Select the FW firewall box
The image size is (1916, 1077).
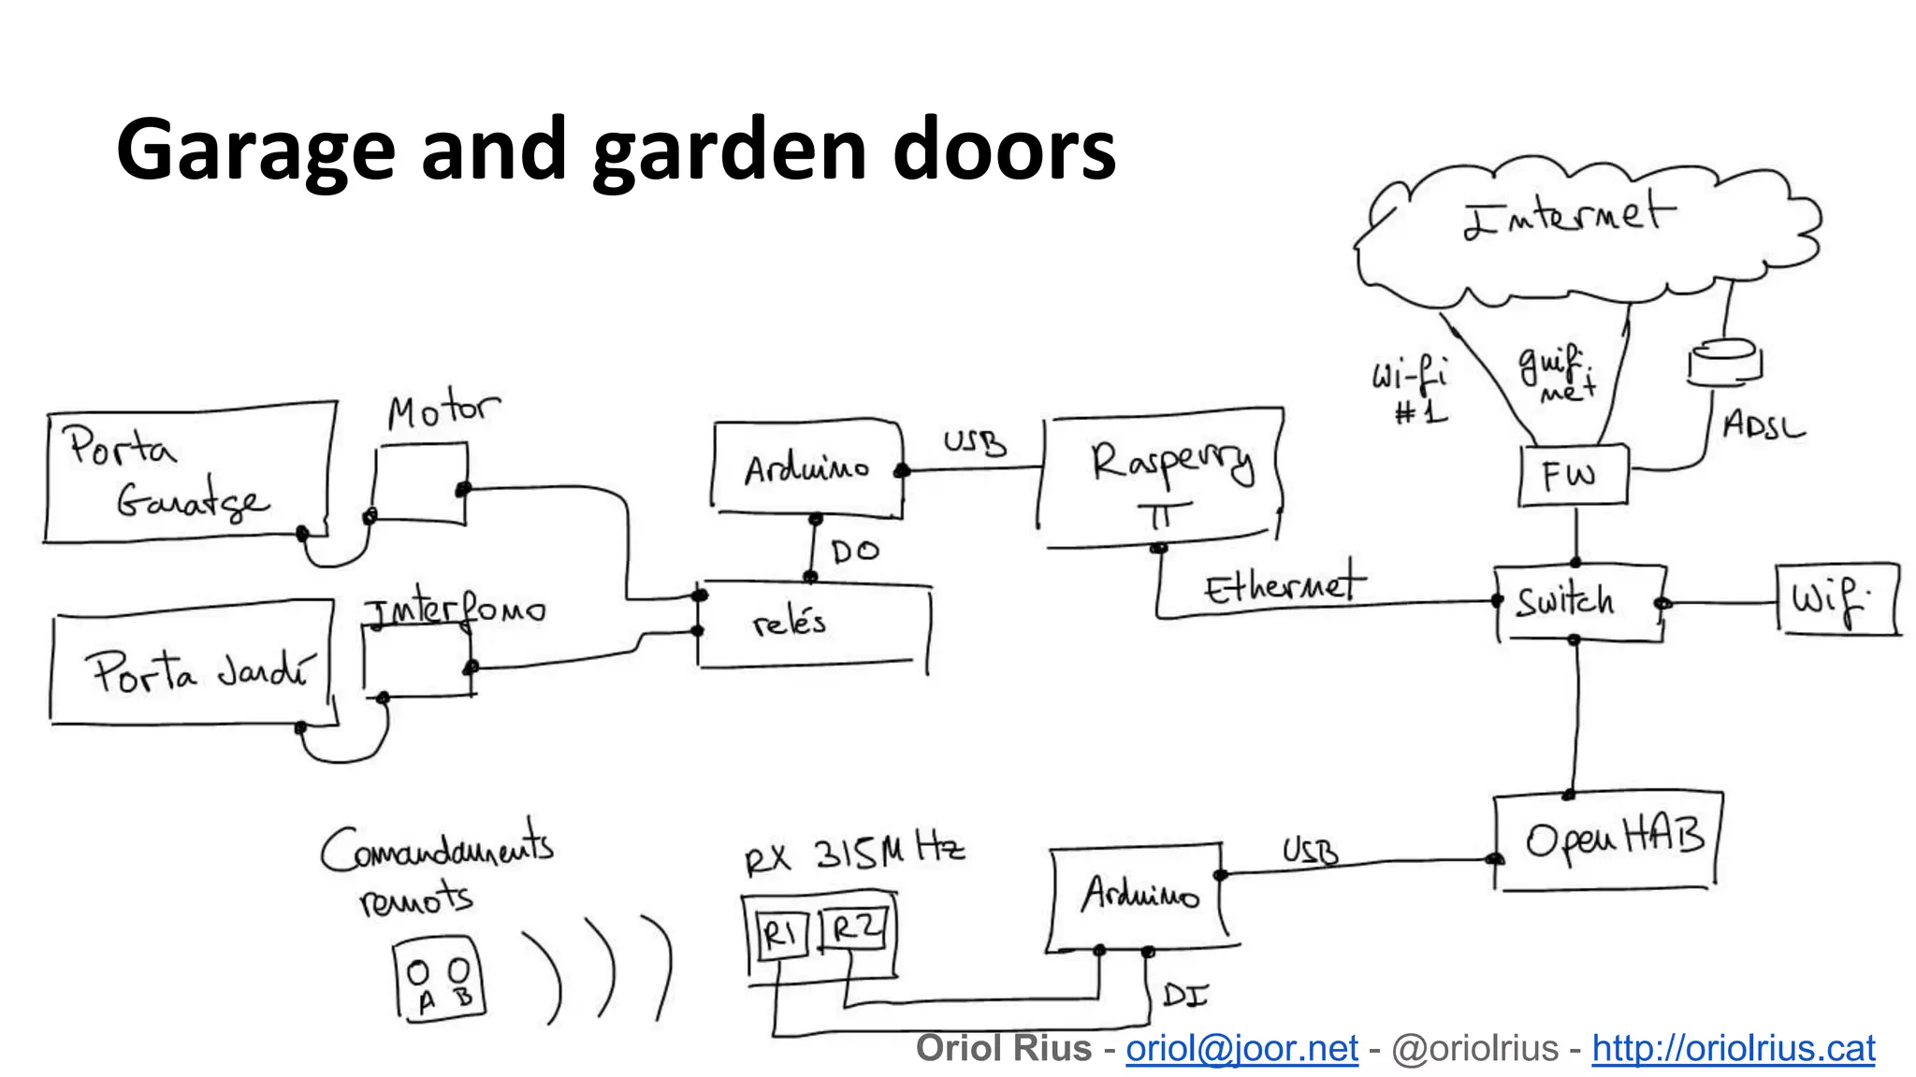1573,476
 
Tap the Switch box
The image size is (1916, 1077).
1577,602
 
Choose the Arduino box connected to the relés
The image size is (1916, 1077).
807,467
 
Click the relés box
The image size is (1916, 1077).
812,624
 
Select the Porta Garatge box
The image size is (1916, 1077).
187,475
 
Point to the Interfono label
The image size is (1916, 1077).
455,610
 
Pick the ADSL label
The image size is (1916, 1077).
1763,426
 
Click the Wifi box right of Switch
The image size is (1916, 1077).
1836,600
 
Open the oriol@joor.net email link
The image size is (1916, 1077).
1241,1049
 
